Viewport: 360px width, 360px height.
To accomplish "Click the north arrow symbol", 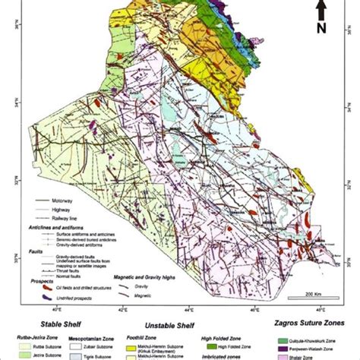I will coord(321,11).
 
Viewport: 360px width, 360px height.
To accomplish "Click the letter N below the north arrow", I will coord(321,30).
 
